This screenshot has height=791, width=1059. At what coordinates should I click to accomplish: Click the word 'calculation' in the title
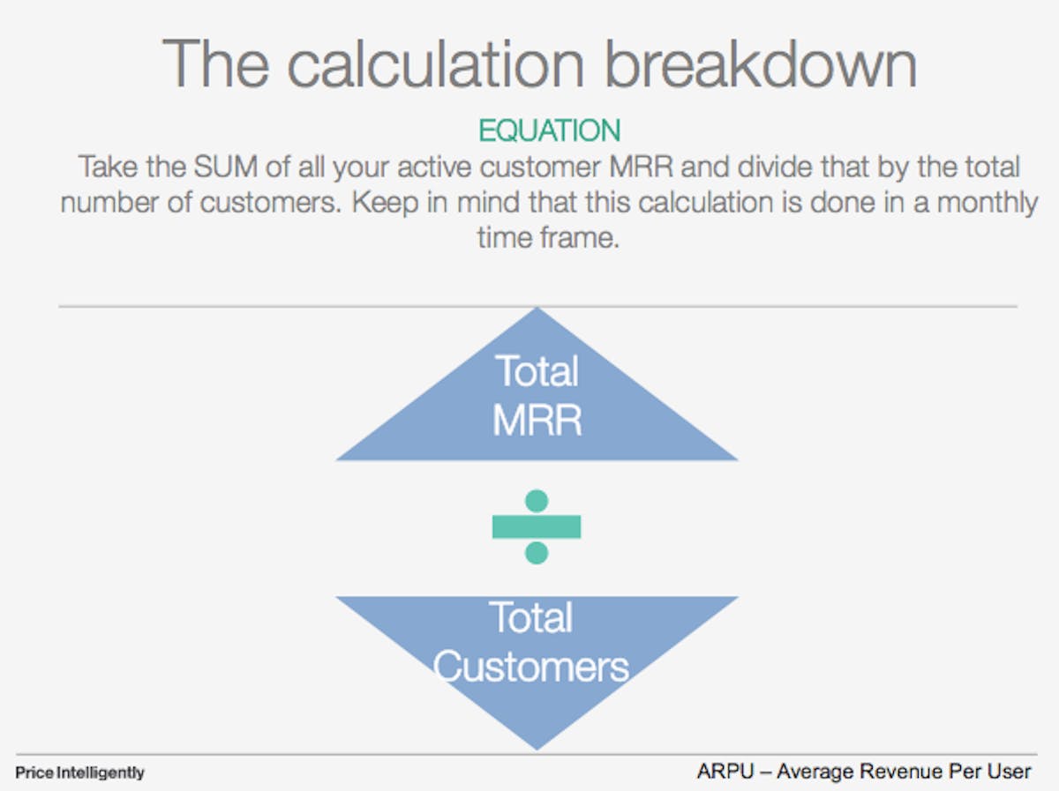(435, 64)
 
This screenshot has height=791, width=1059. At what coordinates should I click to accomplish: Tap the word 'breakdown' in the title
(761, 64)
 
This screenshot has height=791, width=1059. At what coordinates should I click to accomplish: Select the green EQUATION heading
(549, 131)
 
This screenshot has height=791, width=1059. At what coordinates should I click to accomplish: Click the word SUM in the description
(225, 167)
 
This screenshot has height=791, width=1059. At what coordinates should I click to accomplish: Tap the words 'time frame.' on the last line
(548, 237)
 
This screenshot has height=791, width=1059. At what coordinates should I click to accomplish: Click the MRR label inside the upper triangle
(537, 420)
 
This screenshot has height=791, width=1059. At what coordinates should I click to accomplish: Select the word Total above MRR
(537, 370)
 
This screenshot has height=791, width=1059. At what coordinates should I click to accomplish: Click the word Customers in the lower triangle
(530, 668)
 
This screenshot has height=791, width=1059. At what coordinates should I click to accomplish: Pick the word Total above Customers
(530, 617)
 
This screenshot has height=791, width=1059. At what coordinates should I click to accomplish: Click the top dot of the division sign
(537, 501)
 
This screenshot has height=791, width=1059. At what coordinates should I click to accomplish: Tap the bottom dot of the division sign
(537, 552)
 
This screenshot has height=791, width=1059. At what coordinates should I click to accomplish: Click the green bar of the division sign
(537, 526)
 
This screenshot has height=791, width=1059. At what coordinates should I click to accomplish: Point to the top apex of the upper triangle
(537, 308)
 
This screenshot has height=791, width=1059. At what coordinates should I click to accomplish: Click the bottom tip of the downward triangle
(537, 750)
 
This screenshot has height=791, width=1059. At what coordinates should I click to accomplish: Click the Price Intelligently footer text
(79, 773)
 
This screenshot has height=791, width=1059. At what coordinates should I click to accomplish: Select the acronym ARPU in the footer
(725, 772)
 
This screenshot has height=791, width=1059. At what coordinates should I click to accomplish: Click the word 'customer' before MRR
(540, 167)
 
